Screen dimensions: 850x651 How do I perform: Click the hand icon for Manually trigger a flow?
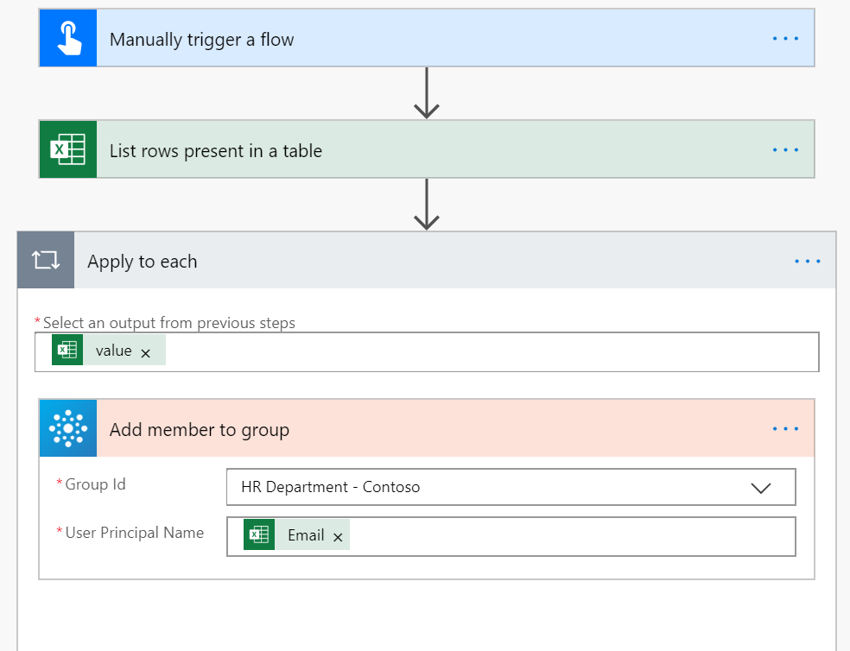[67, 39]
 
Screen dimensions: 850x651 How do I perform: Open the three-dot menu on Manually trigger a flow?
[785, 39]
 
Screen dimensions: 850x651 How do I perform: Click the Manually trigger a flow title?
[201, 40]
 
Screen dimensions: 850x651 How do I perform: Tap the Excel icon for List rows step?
[67, 150]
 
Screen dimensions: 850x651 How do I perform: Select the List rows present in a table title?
[215, 151]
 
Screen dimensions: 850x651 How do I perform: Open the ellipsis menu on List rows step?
[785, 150]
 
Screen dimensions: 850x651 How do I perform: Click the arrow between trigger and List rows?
[427, 94]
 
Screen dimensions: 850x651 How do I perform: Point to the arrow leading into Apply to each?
[427, 205]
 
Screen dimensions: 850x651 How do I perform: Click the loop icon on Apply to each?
[46, 261]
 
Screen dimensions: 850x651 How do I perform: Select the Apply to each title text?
[142, 262]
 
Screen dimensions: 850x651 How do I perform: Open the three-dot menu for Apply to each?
[807, 261]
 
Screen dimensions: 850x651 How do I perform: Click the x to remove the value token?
[146, 352]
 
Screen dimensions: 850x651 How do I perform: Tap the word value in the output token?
[113, 351]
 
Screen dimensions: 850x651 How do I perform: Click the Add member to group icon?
[67, 429]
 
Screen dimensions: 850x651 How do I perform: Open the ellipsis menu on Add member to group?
[785, 429]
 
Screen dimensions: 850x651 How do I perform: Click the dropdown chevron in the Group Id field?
[760, 488]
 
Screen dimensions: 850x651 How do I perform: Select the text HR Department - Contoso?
[330, 487]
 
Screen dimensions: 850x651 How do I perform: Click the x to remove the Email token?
[338, 537]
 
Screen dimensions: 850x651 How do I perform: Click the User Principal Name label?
[134, 533]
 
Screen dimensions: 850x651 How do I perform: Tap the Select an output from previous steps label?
[168, 323]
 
